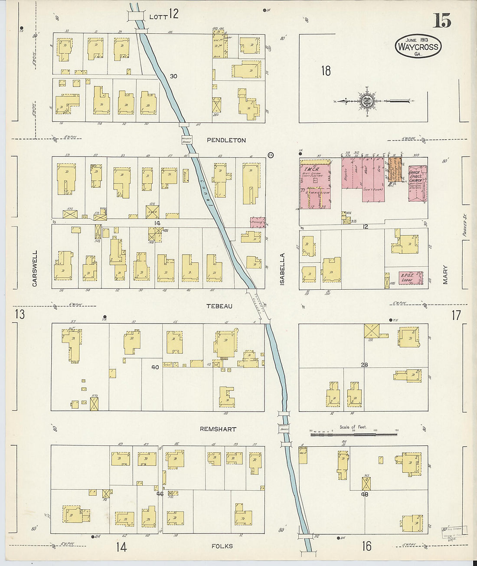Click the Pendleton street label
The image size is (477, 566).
click(x=226, y=140)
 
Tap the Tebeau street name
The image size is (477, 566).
click(x=219, y=306)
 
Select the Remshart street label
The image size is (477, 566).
click(x=218, y=429)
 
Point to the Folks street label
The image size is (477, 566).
click(x=222, y=546)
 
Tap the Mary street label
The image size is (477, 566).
click(x=445, y=275)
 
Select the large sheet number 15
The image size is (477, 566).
click(x=441, y=20)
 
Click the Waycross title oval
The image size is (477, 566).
click(x=418, y=46)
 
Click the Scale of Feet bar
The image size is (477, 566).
click(x=353, y=433)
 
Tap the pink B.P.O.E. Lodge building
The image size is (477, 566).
click(x=410, y=278)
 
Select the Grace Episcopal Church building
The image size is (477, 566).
click(x=417, y=182)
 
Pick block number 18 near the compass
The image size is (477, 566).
click(x=326, y=71)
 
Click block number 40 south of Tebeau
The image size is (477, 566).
click(x=155, y=367)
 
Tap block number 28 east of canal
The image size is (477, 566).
click(x=364, y=365)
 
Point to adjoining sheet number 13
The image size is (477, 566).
click(x=20, y=314)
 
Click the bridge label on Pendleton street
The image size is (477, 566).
click(x=186, y=140)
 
